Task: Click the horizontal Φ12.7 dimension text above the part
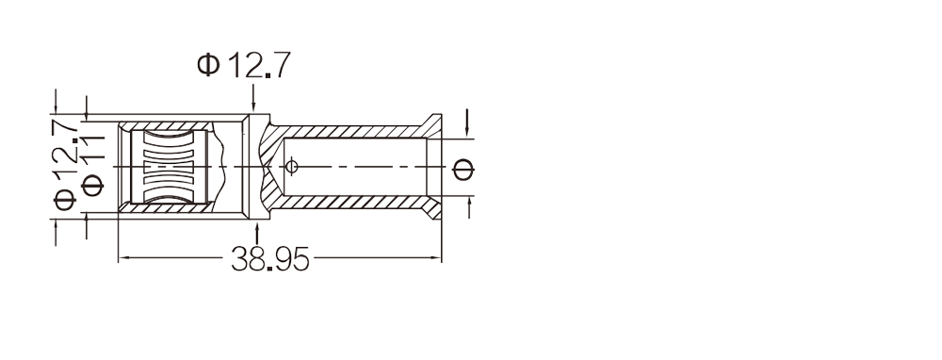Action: pyautogui.click(x=244, y=65)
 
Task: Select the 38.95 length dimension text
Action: pyautogui.click(x=269, y=259)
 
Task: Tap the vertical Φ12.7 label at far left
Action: pyautogui.click(x=65, y=163)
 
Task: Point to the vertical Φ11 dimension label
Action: pyautogui.click(x=92, y=166)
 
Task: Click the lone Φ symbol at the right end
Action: pyautogui.click(x=463, y=170)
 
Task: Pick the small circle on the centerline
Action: pyautogui.click(x=291, y=167)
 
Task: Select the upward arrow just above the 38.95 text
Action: pyautogui.click(x=257, y=233)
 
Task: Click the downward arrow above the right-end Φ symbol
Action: pyautogui.click(x=467, y=123)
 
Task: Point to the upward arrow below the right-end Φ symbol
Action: pyautogui.click(x=468, y=207)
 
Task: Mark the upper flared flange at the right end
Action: pyautogui.click(x=432, y=125)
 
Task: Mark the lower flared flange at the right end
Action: pyautogui.click(x=432, y=207)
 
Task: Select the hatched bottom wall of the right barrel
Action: pyautogui.click(x=349, y=202)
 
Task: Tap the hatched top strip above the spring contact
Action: pyautogui.click(x=166, y=126)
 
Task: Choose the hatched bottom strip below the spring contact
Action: pyautogui.click(x=166, y=207)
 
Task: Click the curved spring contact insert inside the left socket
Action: pyautogui.click(x=169, y=167)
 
